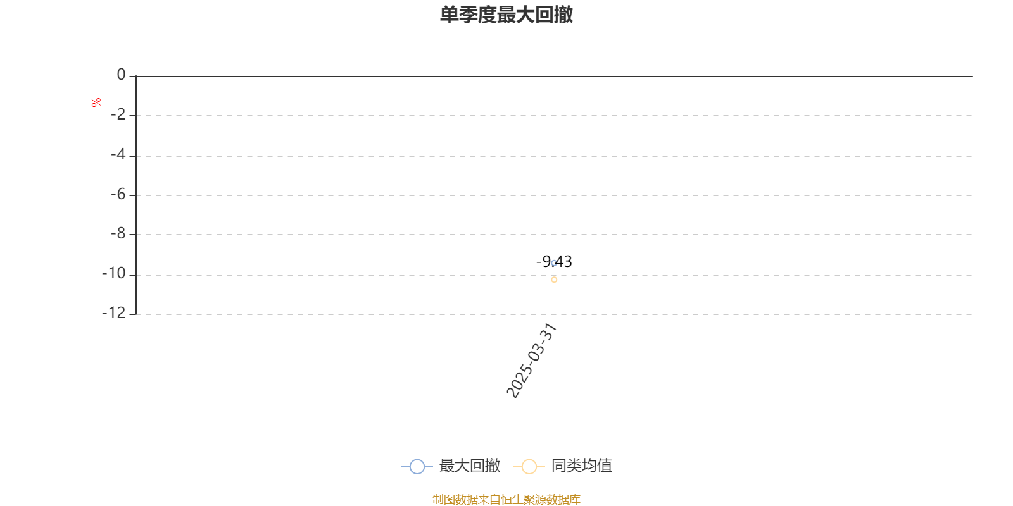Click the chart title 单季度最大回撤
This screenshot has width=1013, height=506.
pos(506,15)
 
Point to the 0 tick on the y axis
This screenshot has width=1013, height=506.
pos(121,75)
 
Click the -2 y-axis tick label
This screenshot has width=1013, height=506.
pos(118,114)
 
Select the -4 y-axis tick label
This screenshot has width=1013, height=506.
pos(118,154)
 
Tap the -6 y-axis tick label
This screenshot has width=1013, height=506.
pos(118,194)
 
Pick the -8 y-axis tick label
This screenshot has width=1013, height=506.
pos(118,233)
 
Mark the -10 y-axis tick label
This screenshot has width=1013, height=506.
pos(114,273)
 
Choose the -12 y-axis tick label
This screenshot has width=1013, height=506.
pos(114,312)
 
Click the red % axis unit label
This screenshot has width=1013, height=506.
pos(96,102)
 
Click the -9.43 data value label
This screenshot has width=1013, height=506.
pos(554,262)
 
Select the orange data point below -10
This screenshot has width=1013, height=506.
pos(554,280)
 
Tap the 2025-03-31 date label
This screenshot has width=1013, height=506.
pos(531,361)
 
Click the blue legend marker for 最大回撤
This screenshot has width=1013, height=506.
pos(417,466)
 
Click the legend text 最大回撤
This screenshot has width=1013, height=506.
pos(470,466)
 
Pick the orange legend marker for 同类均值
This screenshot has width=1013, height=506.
pos(529,466)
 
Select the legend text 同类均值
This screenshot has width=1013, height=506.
pos(582,466)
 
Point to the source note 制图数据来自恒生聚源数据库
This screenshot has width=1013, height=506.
pos(506,499)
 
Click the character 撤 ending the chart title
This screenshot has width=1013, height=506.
pos(563,15)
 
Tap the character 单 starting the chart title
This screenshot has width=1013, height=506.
pos(450,15)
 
